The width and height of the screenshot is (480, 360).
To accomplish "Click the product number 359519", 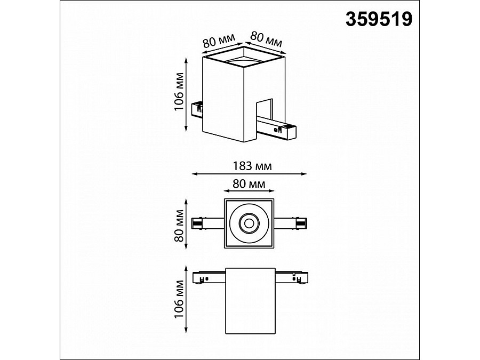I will (379, 20).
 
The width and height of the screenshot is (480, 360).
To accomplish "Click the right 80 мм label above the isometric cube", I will (266, 38).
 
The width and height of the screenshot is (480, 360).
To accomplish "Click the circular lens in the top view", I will (249, 223).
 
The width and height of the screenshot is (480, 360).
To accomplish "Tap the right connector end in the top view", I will (301, 222).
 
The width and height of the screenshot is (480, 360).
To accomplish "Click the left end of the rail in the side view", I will (199, 278).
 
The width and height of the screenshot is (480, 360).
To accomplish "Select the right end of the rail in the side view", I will (299, 278).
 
